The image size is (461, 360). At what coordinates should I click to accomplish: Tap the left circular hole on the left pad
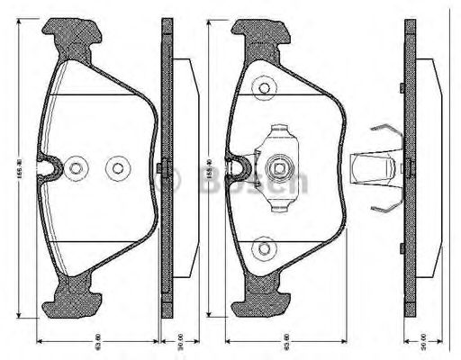pos(77,167)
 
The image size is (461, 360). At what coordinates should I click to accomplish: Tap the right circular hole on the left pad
pos(116,167)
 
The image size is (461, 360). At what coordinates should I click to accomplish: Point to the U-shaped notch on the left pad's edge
pos(50,166)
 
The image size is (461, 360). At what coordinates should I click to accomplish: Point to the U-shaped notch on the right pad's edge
pos(239,166)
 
